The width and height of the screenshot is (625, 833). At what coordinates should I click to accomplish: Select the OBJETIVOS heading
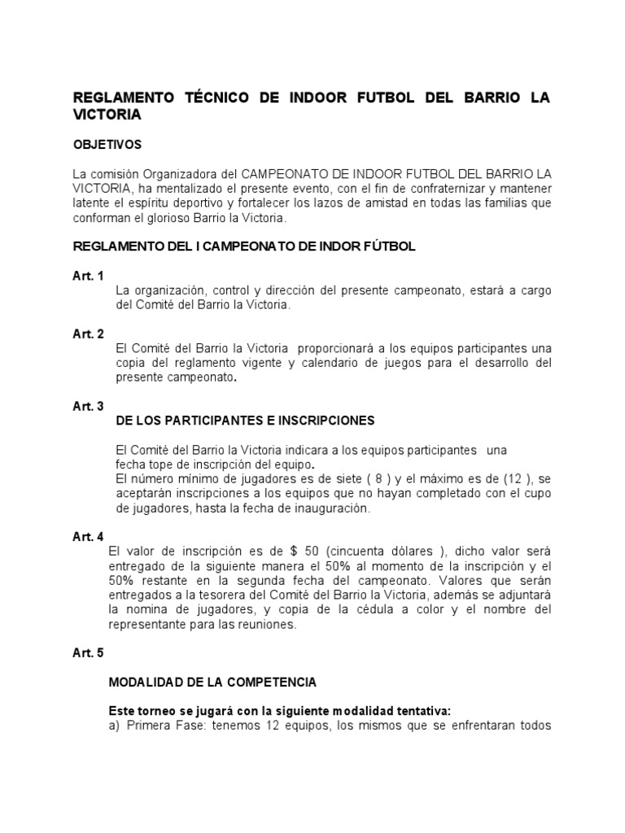tap(107, 145)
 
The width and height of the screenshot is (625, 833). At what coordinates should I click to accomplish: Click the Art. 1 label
tap(88, 276)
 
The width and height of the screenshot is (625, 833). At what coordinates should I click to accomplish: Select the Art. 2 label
tap(88, 334)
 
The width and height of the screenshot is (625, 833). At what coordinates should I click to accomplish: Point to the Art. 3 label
tap(88, 407)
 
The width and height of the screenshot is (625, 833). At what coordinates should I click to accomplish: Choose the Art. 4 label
tap(88, 537)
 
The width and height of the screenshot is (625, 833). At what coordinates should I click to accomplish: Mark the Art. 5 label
tap(88, 653)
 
